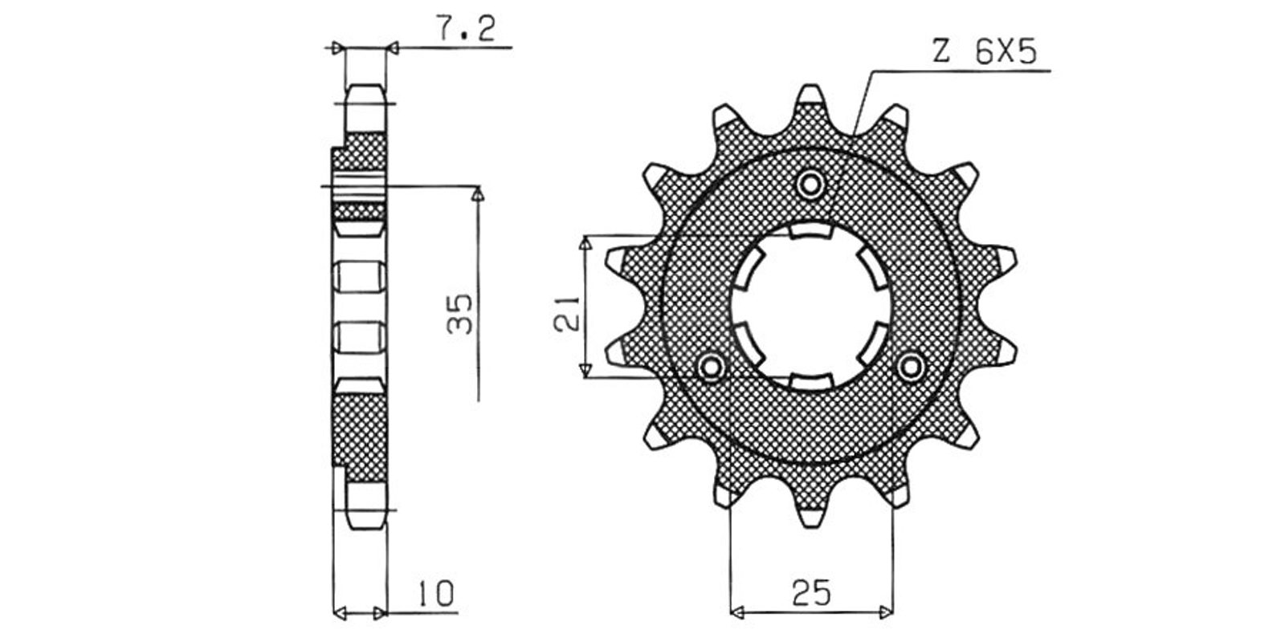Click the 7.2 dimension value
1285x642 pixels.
tap(467, 28)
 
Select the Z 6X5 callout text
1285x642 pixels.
tap(985, 53)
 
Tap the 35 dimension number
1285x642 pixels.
tap(459, 314)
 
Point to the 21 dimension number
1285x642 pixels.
tap(566, 314)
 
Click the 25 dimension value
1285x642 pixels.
tap(811, 593)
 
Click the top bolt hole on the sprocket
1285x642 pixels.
tap(810, 185)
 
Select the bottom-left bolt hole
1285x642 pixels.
tap(712, 366)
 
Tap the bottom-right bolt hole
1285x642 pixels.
tap(911, 366)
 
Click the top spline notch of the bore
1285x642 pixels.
tap(810, 231)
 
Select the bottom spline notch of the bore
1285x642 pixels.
tap(810, 381)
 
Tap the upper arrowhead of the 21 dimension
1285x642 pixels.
tap(585, 244)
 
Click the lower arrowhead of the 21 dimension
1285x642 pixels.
tap(585, 370)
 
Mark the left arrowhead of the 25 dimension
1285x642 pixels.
tap(738, 612)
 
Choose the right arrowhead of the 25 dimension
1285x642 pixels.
tap(886, 612)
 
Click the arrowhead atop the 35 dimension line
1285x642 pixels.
tap(477, 194)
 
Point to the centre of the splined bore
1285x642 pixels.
tap(810, 307)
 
